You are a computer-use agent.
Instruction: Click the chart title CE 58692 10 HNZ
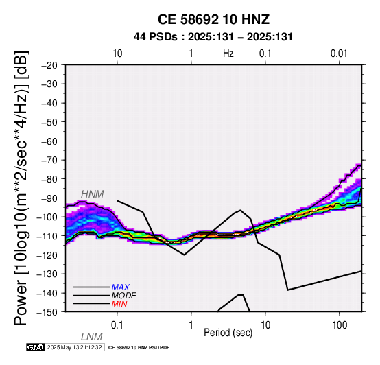point(213,19)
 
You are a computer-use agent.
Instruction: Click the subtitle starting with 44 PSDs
point(213,37)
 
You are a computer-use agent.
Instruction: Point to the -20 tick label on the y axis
point(49,65)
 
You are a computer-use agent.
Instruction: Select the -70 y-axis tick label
point(49,161)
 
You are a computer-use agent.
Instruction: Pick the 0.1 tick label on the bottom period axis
point(117,325)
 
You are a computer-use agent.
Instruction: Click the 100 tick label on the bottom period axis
point(340,325)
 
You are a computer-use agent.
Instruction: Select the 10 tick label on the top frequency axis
point(117,54)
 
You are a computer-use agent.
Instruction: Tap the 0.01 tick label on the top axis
point(339,54)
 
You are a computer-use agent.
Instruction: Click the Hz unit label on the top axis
point(228,54)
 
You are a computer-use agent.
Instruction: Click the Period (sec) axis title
point(228,333)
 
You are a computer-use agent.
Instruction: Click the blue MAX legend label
point(120,287)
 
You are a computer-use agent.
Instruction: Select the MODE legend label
point(124,296)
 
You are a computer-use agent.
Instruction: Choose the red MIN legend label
point(119,304)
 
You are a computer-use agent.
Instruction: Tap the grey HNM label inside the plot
point(93,194)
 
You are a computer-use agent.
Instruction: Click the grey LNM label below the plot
point(92,337)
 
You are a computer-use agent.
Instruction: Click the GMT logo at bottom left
point(36,347)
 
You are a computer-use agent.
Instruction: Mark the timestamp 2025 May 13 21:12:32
point(75,347)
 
